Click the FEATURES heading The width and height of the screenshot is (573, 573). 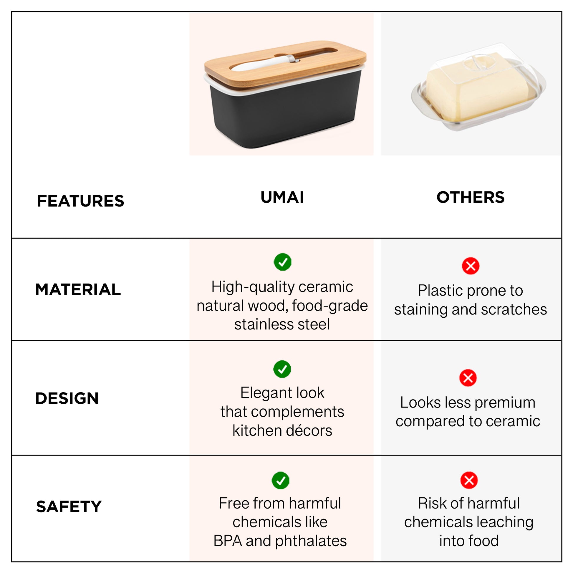(80, 201)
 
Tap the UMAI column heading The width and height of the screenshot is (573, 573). (282, 197)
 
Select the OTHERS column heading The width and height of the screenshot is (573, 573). (470, 197)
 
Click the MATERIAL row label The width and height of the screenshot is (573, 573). (78, 289)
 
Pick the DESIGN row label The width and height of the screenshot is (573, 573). (67, 398)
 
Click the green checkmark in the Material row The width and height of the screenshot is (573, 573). (283, 262)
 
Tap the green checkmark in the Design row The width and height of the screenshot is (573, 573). (282, 369)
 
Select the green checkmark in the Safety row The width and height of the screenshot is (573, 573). (281, 481)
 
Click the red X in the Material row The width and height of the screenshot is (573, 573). (471, 266)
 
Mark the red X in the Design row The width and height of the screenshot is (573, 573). (468, 378)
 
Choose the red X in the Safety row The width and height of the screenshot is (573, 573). (469, 480)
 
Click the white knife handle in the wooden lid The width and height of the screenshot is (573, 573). (261, 64)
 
